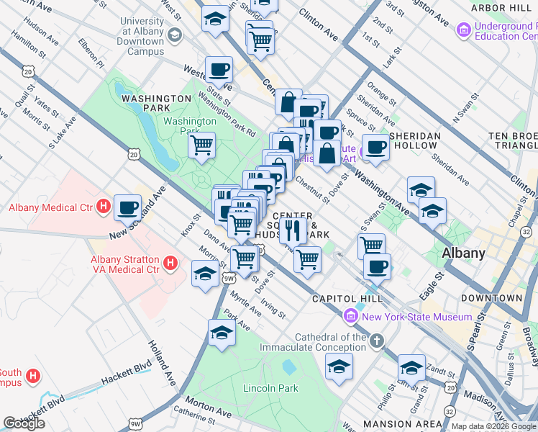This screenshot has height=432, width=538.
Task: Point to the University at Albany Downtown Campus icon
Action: [174, 35]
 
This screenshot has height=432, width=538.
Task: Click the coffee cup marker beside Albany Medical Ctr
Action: [127, 207]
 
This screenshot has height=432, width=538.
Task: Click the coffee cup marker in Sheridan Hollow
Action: [375, 147]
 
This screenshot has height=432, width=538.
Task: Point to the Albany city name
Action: [462, 253]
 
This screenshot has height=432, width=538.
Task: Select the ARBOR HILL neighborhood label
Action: [501, 8]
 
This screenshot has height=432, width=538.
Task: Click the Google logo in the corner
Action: [24, 423]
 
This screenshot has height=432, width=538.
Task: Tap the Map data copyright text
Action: [493, 426]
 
